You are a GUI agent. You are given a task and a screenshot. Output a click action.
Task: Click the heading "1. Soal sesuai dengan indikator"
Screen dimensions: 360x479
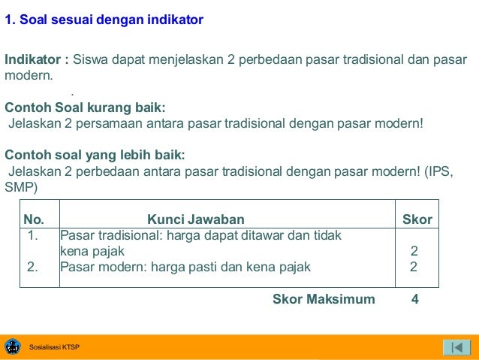click(x=104, y=20)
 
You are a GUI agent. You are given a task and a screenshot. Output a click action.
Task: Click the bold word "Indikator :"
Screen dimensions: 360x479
click(x=37, y=59)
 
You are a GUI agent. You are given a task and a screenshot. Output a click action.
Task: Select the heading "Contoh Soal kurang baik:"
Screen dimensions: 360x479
click(x=85, y=107)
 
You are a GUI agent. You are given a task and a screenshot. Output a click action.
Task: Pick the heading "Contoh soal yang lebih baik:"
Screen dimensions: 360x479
click(x=95, y=155)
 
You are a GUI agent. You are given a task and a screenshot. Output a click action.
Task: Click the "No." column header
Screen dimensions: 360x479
click(x=35, y=219)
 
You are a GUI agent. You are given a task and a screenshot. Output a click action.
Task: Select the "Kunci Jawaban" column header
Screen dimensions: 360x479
click(x=195, y=219)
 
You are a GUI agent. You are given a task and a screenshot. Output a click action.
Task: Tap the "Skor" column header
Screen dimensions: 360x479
click(x=417, y=219)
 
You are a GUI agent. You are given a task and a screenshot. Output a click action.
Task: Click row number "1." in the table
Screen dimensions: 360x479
click(x=33, y=236)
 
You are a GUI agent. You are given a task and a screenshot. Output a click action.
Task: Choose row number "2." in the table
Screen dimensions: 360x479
click(x=33, y=266)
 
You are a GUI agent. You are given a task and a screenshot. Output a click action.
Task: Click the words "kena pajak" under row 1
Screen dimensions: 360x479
click(x=92, y=251)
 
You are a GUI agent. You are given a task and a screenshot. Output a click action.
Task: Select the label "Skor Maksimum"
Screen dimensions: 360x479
click(x=324, y=299)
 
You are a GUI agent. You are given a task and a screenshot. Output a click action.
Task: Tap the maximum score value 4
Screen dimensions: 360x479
click(x=415, y=299)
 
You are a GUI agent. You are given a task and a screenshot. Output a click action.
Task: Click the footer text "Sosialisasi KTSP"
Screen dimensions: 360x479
click(x=54, y=347)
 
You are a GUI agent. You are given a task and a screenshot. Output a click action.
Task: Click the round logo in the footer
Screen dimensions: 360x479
click(x=13, y=346)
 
